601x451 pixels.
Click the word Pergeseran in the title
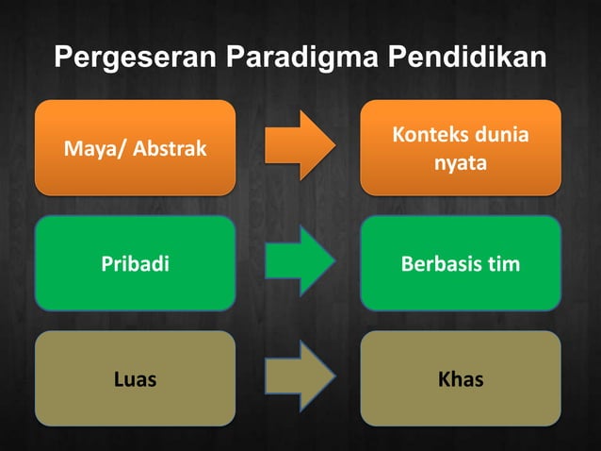click(135, 58)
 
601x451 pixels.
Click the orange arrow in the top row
click(300, 145)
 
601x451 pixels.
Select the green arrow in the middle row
click(300, 261)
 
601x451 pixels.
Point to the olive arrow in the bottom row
click(300, 377)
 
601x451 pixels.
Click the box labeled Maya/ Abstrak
click(135, 147)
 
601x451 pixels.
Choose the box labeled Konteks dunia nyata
click(461, 147)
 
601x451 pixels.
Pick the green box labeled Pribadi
click(135, 263)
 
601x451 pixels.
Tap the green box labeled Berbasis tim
click(461, 263)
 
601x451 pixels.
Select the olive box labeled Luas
click(135, 379)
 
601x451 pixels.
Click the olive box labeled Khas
click(461, 379)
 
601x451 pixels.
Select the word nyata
click(461, 163)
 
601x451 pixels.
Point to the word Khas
click(461, 380)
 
